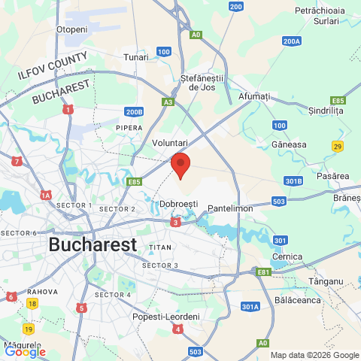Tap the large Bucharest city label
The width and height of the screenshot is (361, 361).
tap(93, 245)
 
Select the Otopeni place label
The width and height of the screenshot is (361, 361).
tap(72, 29)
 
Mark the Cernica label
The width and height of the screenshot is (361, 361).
tap(287, 257)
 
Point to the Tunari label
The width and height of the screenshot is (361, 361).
tap(136, 57)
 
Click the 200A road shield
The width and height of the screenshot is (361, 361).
tap(292, 41)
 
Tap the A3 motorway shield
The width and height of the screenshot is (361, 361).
tap(168, 102)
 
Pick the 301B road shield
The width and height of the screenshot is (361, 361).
tap(294, 181)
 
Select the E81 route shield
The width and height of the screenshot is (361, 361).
tap(263, 272)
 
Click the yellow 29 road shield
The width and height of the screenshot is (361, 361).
tap(338, 145)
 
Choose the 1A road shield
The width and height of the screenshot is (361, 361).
tap(46, 195)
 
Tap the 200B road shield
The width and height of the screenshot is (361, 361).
tap(134, 112)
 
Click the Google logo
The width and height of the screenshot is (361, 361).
tap(25, 351)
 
